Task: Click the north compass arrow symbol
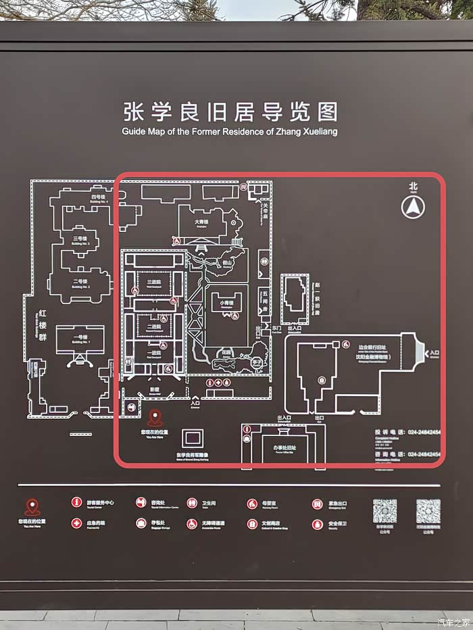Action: [413, 207]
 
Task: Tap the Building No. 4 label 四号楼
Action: [99, 197]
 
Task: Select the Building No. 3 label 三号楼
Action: [80, 239]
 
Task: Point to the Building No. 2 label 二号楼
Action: [80, 281]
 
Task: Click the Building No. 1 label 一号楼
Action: [80, 337]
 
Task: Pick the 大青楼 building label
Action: [201, 221]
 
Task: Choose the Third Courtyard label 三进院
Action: [153, 282]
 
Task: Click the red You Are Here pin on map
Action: [155, 418]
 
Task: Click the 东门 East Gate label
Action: [276, 329]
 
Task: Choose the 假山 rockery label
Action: [228, 263]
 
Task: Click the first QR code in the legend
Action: [384, 512]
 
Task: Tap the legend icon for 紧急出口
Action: [317, 504]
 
